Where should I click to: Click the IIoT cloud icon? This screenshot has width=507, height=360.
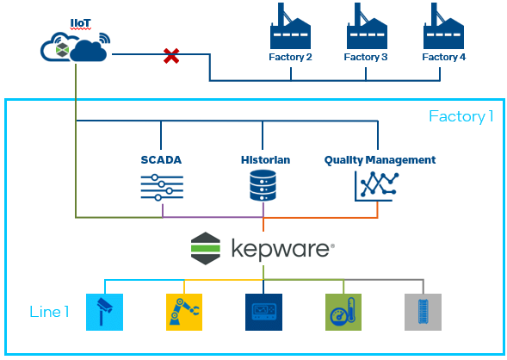click(x=76, y=47)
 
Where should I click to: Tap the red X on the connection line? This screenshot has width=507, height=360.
click(x=171, y=57)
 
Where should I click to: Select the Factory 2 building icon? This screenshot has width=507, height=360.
click(x=291, y=29)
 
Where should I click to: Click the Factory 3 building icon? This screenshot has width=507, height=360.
click(x=366, y=29)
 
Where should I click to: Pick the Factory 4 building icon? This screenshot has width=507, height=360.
click(x=443, y=29)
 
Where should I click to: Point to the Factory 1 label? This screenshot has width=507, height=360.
click(x=461, y=116)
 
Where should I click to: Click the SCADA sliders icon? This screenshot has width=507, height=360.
click(x=162, y=187)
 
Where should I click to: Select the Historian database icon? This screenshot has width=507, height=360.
click(x=263, y=187)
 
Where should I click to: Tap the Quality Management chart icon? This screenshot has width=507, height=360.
click(x=379, y=186)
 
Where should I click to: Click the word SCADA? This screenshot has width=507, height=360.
click(x=162, y=160)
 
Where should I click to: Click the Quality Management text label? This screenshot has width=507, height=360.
click(x=380, y=160)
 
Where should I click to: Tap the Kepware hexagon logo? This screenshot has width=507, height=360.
click(x=206, y=249)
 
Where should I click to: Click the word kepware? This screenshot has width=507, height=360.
click(x=281, y=250)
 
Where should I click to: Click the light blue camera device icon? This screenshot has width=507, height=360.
click(x=105, y=312)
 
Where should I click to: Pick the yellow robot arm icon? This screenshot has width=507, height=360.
click(x=183, y=312)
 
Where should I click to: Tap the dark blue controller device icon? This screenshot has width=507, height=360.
click(x=263, y=312)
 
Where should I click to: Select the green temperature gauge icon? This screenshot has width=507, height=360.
click(x=343, y=312)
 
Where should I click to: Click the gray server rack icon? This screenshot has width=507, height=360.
click(x=422, y=312)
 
